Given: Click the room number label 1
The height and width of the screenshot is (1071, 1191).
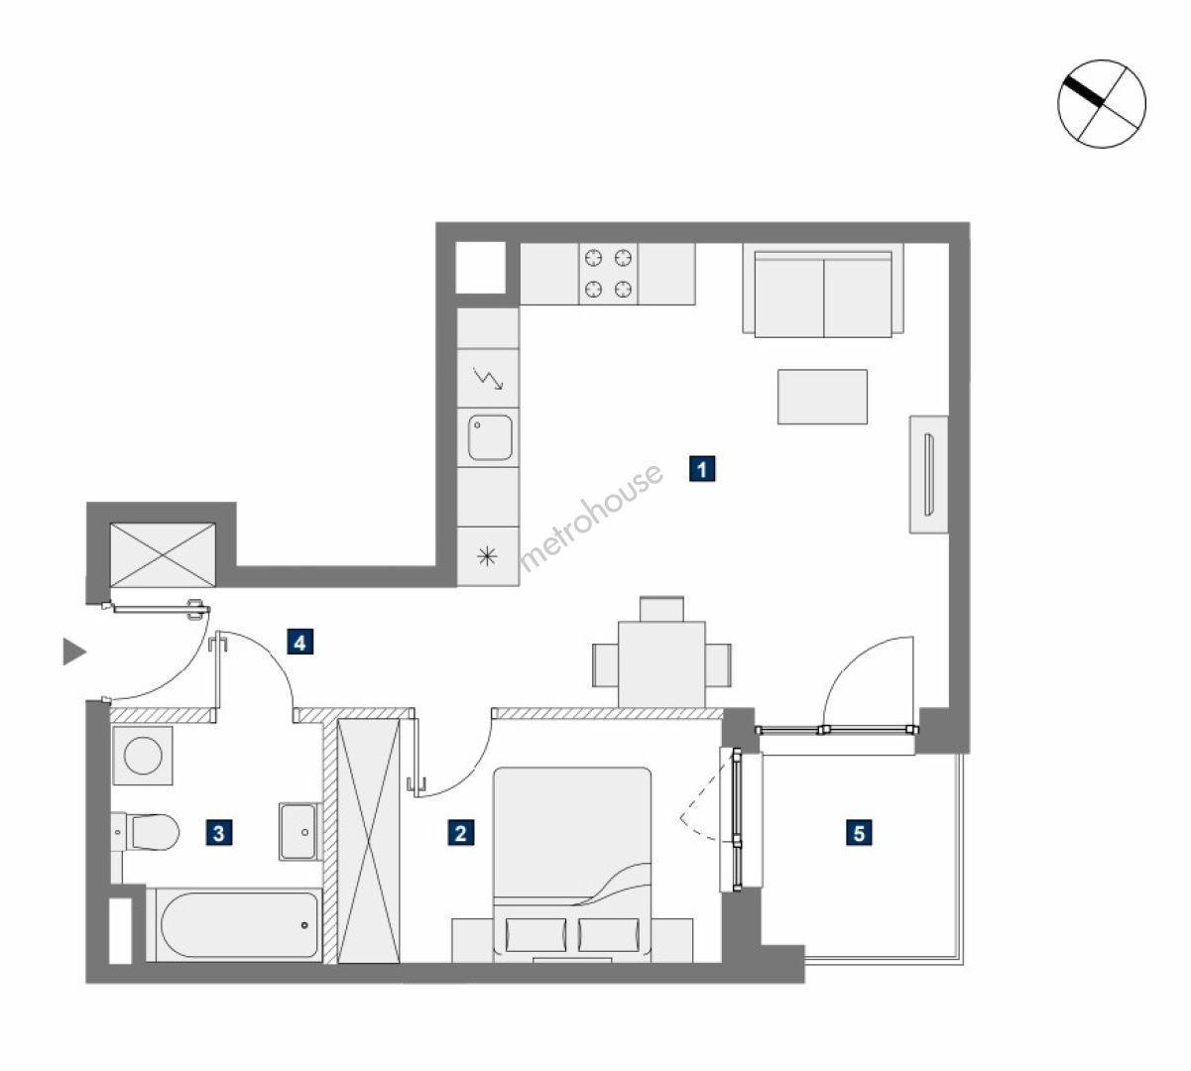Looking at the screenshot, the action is point(702,469).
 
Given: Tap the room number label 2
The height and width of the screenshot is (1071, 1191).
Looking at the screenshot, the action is point(461,833).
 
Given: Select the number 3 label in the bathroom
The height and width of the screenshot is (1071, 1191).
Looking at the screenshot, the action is point(218,833).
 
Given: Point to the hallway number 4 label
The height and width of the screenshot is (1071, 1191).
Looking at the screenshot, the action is point(299,643).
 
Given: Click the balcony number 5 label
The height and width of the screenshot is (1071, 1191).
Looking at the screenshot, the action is point(859,833).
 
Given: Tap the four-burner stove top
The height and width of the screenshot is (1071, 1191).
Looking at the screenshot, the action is point(608,274).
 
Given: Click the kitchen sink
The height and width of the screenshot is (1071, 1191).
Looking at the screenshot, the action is point(490,437).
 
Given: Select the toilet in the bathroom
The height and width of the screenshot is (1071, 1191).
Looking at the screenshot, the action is point(146,832).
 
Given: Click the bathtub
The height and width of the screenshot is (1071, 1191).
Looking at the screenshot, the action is point(236,925).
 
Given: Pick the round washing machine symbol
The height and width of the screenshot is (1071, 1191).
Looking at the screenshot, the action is point(143,755).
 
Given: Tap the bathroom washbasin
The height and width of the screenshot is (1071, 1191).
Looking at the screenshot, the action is point(298,832).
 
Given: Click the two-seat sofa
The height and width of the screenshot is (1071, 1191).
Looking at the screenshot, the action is point(823,292).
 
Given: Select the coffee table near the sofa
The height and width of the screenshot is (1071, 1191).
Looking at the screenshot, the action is point(822,397).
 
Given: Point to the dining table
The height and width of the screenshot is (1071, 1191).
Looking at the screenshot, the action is point(662,664).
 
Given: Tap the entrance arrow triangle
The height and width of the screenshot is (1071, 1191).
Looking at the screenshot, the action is point(74,652).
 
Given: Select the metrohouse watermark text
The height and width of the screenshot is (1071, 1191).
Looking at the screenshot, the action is point(591,518).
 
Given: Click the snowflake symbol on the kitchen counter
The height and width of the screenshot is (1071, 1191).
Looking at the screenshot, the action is point(487,556).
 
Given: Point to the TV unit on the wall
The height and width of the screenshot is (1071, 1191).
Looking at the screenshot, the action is point(928,474).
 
